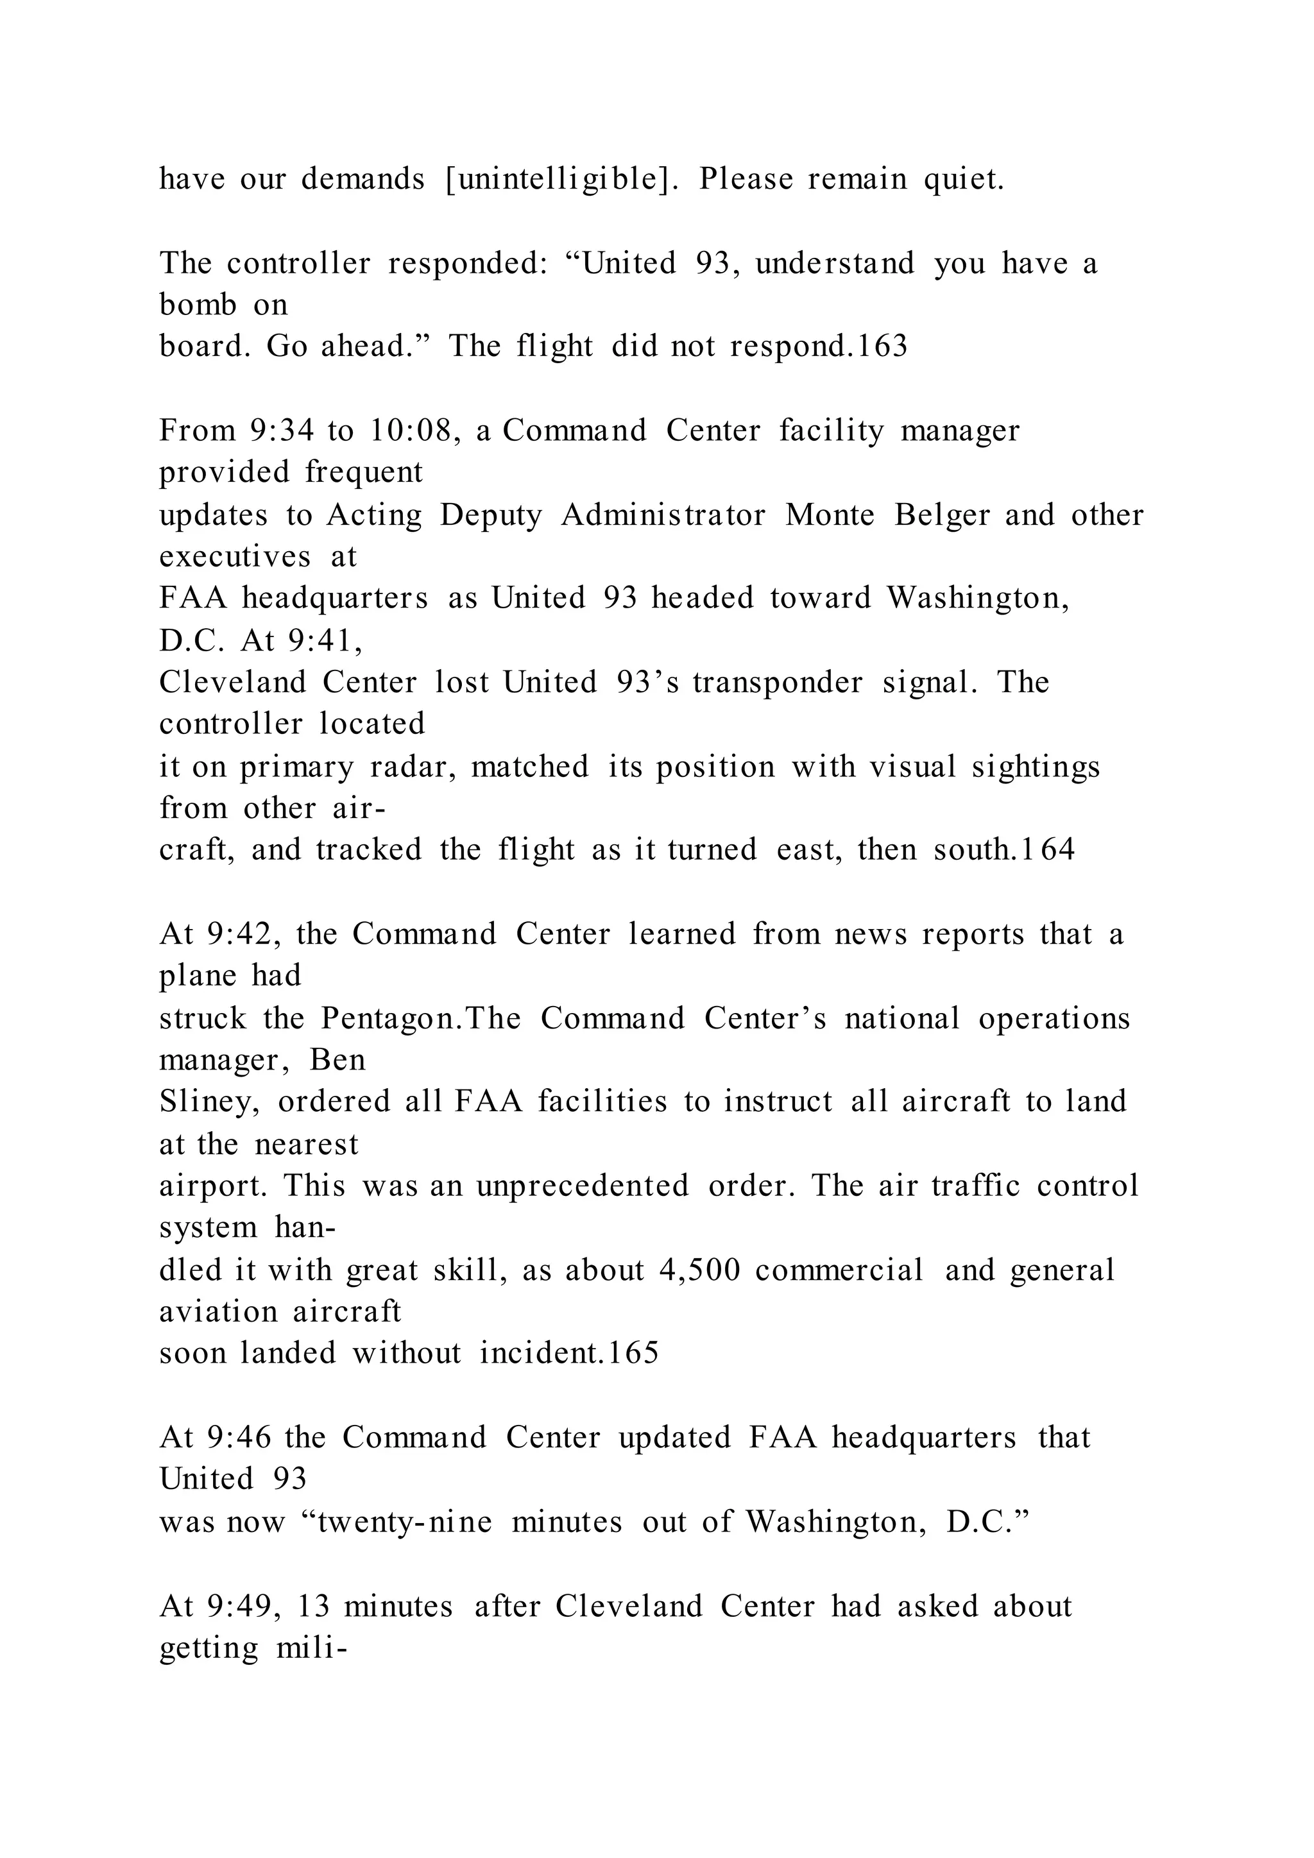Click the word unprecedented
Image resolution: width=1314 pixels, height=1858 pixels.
[583, 1186]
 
